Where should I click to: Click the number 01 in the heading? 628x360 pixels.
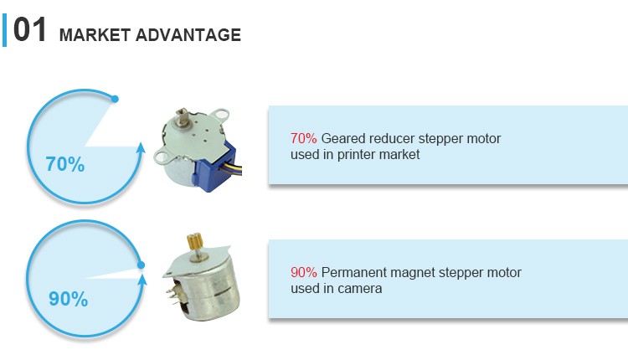(29, 29)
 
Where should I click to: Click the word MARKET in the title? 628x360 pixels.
(95, 35)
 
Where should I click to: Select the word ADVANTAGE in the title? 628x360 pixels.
(188, 35)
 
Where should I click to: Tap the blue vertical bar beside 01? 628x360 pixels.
(4, 30)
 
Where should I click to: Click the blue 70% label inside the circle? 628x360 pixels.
(64, 164)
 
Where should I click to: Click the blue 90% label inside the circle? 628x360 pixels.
(68, 299)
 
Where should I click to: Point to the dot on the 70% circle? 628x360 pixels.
(115, 99)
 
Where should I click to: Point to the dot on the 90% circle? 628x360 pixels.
(141, 265)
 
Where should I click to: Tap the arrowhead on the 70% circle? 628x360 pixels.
(140, 148)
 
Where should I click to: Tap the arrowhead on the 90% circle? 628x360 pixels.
(142, 279)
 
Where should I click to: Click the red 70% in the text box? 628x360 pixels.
(304, 138)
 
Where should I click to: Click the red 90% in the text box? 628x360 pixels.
(304, 272)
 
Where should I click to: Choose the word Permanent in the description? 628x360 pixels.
(354, 272)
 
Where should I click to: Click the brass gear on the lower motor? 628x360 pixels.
(195, 241)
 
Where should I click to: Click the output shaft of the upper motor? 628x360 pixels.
(184, 118)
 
